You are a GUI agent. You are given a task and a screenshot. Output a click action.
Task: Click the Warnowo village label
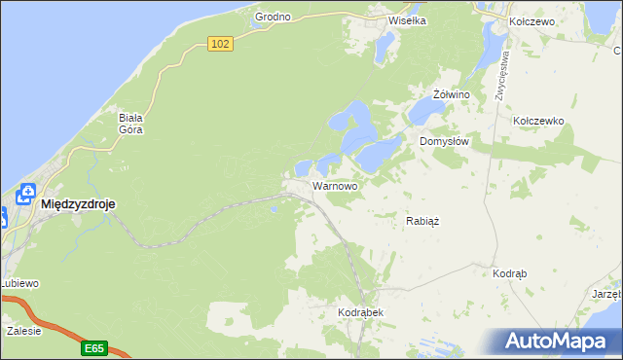coord(335,185)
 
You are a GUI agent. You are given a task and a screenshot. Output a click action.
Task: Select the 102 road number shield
coord(221,44)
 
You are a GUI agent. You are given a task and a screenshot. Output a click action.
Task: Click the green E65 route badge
coord(93,347)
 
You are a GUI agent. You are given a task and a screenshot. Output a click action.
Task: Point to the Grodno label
coord(273,18)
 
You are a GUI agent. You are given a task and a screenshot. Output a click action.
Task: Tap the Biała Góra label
coord(131,123)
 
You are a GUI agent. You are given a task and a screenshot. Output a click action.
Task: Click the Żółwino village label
coord(452,94)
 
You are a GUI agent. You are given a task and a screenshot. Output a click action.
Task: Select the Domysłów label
coord(445,141)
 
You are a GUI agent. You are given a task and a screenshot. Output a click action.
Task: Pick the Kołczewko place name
coord(538,121)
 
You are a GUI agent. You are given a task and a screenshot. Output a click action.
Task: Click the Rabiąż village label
coord(422,221)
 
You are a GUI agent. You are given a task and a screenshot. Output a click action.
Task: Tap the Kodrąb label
coord(509,274)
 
